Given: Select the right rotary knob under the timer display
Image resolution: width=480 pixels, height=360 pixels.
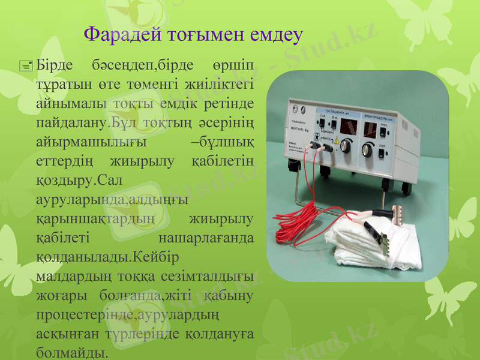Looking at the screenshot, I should (367, 148).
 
